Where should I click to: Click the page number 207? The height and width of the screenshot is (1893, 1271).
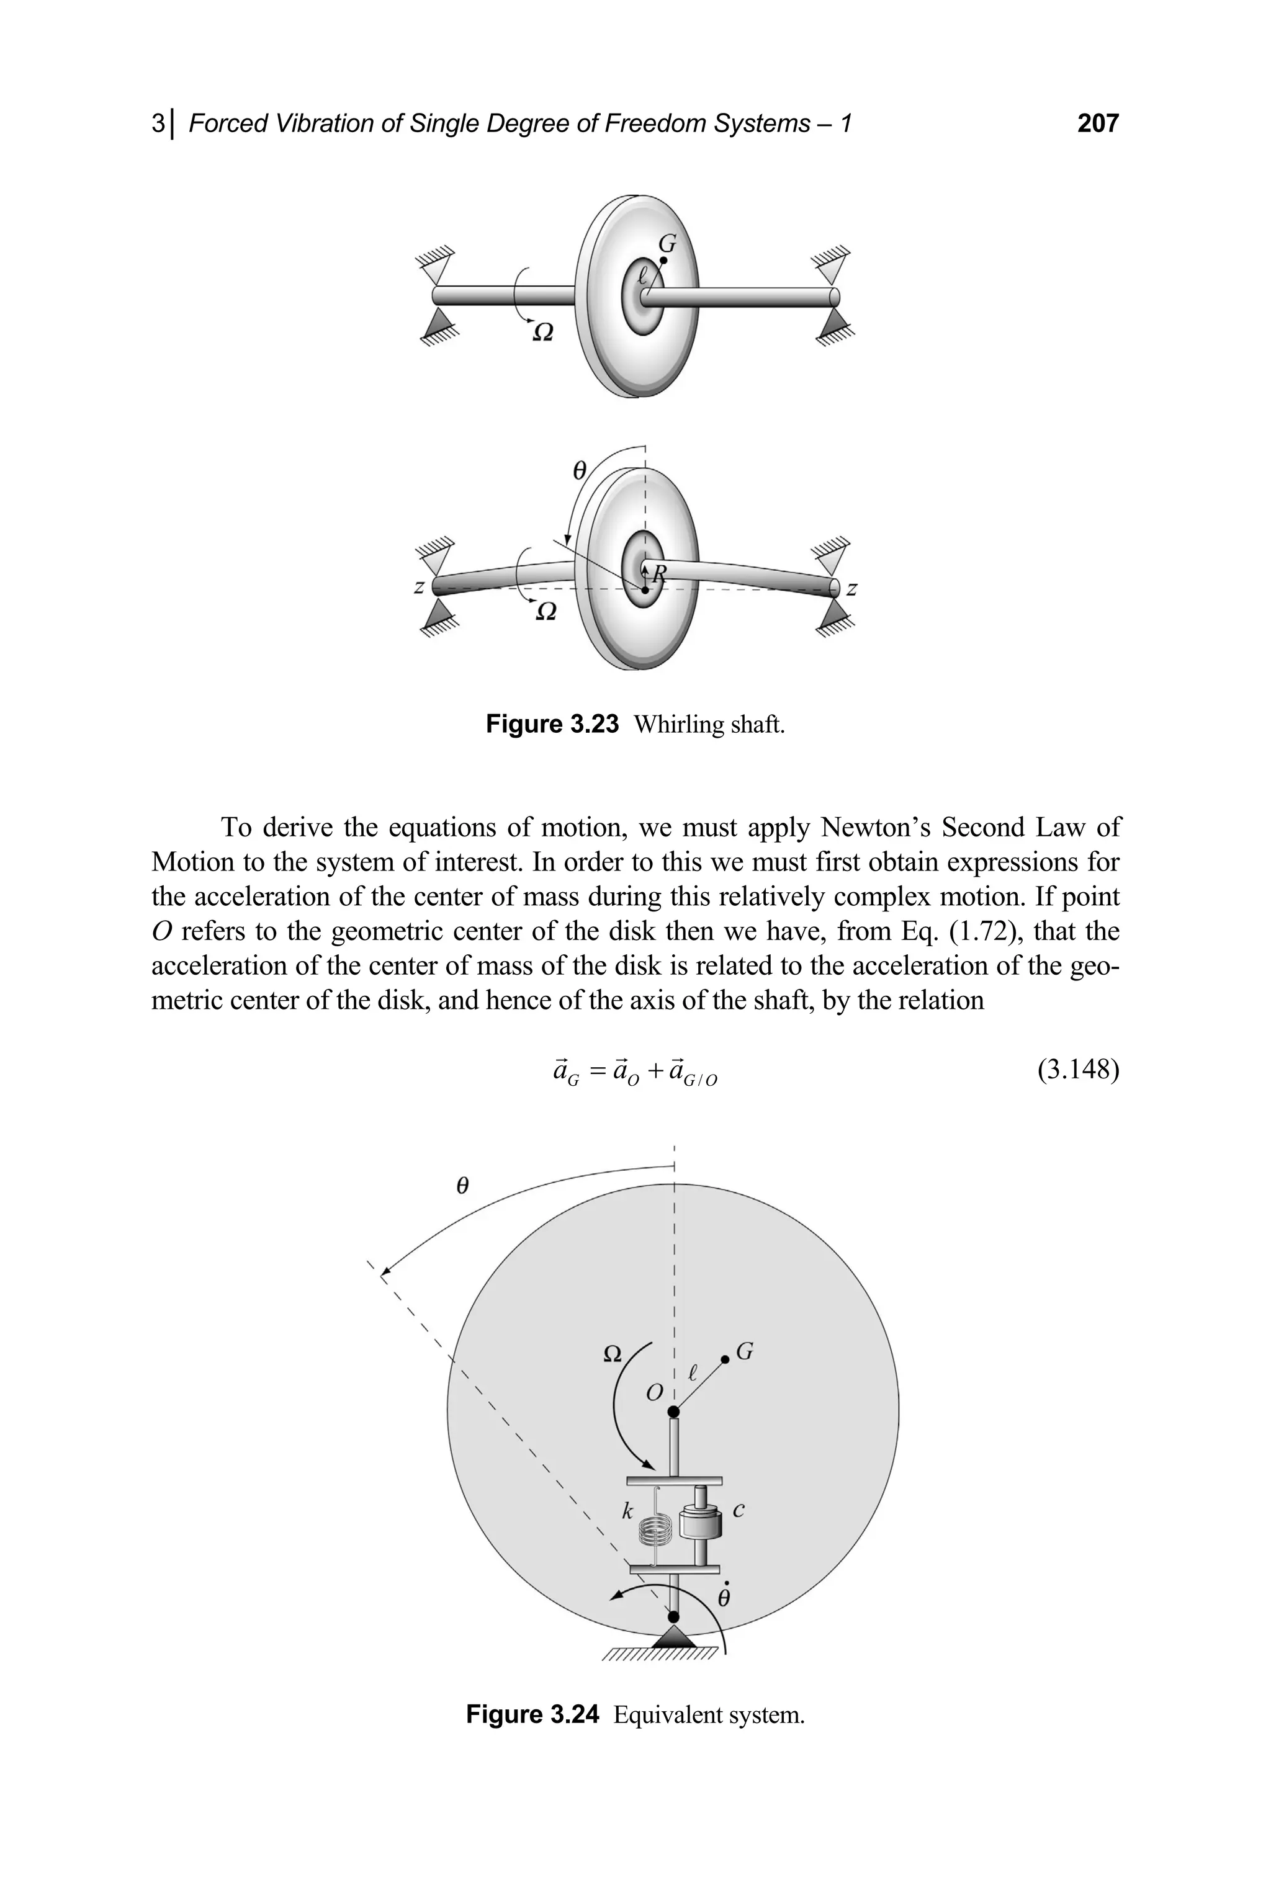pos(1097,123)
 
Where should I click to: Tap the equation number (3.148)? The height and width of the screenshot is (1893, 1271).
pos(1077,1070)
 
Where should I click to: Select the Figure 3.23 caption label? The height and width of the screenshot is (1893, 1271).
pos(552,723)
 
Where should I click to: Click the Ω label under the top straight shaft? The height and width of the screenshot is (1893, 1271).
pos(543,332)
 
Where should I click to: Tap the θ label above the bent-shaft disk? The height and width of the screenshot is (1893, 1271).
pos(579,470)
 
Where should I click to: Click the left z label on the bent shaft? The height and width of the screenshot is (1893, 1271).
pos(418,587)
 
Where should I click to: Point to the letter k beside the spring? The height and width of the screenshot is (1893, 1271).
pos(627,1511)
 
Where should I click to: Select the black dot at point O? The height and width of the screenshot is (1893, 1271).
pos(673,1412)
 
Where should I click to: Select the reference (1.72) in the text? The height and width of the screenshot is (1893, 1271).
pos(983,931)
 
